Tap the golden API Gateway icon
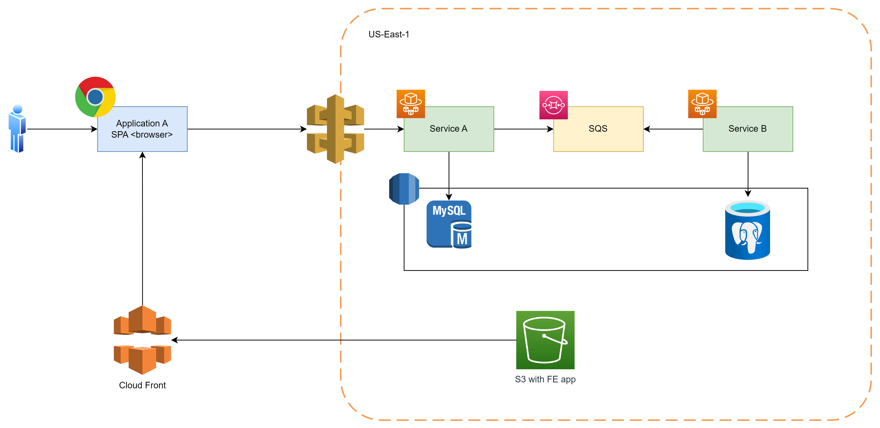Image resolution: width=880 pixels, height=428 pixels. coord(335,129)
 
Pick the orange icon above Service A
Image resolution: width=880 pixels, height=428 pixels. coord(411,104)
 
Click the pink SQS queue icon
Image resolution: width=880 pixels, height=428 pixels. coord(553,105)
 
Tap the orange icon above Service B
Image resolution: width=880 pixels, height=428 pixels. coord(702,104)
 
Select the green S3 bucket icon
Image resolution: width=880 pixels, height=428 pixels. coord(545,340)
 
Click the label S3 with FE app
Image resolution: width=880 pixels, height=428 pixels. coord(545,379)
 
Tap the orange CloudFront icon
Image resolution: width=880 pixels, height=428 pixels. coord(142,340)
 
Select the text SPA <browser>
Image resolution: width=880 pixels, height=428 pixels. coord(142,135)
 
